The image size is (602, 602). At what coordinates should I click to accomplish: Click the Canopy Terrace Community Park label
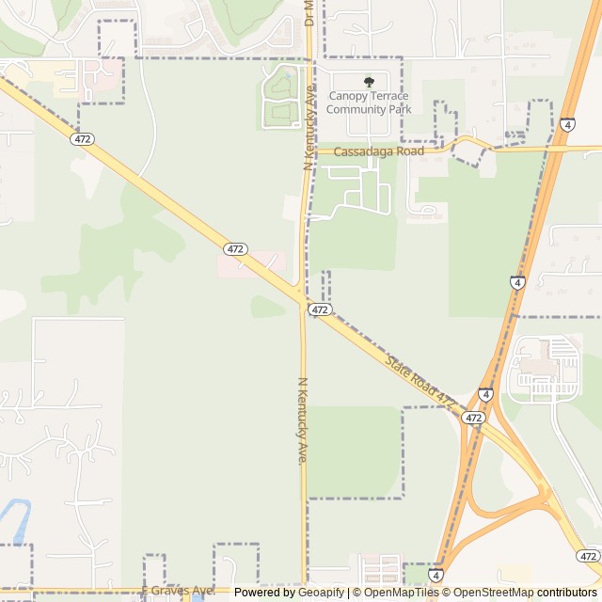point(369,103)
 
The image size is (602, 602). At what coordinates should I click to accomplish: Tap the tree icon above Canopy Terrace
point(369,83)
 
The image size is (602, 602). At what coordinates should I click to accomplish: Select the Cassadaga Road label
point(379,150)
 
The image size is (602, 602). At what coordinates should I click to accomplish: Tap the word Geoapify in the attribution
point(321,593)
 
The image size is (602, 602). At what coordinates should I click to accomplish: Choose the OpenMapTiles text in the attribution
point(402,593)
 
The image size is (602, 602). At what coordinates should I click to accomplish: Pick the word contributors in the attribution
point(567,593)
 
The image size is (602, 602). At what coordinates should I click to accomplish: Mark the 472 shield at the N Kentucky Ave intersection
point(320,309)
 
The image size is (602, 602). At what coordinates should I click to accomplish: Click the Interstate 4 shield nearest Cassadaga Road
point(567,124)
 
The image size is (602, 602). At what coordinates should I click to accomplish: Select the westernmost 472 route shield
point(82,138)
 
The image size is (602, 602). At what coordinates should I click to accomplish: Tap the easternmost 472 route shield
point(588,556)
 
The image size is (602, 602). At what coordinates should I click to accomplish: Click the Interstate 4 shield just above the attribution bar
point(436,573)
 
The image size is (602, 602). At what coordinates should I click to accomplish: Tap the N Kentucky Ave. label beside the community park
point(309,127)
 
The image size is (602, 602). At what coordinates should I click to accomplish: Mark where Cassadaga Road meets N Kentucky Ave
point(309,150)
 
